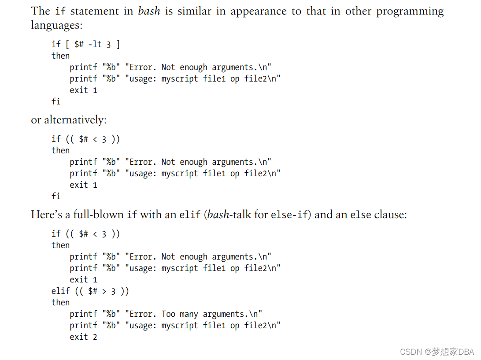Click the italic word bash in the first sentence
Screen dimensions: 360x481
tap(149, 11)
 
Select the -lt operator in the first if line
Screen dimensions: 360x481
tap(95, 44)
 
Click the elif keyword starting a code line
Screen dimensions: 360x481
tap(60, 291)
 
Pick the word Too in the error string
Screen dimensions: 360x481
tap(168, 314)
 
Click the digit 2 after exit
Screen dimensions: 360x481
tap(95, 337)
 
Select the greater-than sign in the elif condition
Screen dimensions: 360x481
tap(104, 291)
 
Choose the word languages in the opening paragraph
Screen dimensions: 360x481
tap(56, 25)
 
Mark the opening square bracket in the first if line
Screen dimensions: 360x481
tap(67, 44)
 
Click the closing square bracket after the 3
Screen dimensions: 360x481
tap(118, 44)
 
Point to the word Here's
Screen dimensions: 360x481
tap(46, 215)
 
